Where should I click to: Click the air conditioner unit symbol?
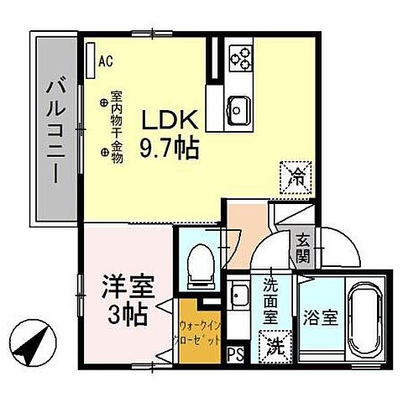click(91, 57)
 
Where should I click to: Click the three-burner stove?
click(243, 55)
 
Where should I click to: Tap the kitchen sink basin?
click(237, 108)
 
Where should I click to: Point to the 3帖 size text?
click(128, 315)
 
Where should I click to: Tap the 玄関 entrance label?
click(302, 246)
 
